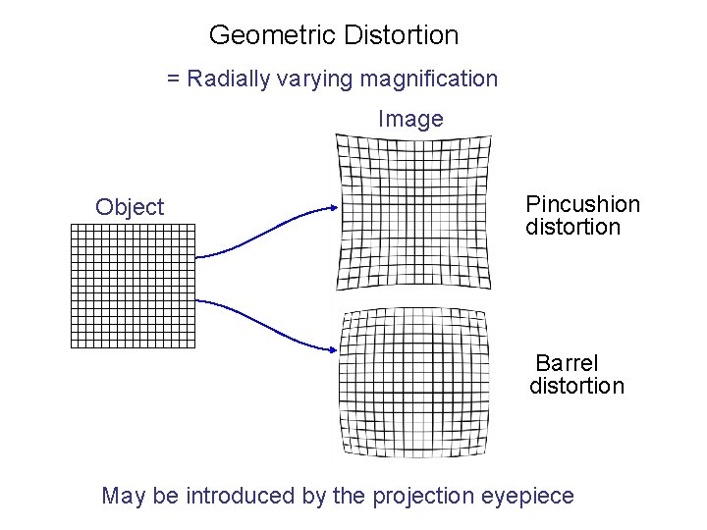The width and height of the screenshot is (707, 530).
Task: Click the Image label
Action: click(410, 120)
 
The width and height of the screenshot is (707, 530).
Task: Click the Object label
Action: click(130, 207)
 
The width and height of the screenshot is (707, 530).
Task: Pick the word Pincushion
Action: click(582, 205)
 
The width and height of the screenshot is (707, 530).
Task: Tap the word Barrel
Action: click(567, 364)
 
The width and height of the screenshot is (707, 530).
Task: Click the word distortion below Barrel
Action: click(576, 386)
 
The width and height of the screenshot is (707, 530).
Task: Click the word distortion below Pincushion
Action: click(573, 228)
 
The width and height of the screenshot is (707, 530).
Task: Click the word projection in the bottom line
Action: click(419, 497)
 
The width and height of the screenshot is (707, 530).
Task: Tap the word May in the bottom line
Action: click(125, 496)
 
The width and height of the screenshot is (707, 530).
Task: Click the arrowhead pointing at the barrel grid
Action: click(334, 350)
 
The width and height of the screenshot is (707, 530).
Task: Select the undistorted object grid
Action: click(134, 286)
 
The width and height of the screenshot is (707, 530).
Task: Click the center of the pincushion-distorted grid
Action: click(413, 212)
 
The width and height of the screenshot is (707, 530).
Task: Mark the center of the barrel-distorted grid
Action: click(413, 383)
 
